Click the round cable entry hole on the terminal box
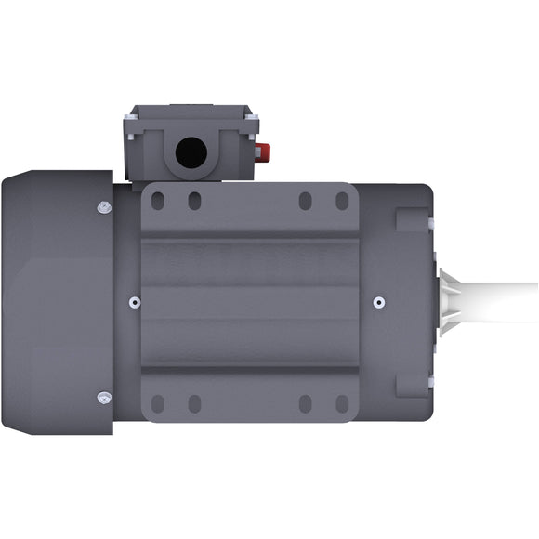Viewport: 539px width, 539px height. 191,151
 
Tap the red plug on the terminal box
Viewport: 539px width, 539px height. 263,151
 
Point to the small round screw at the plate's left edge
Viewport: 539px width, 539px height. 136,302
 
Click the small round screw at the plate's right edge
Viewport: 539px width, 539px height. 378,302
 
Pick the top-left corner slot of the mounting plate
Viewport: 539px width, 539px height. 157,201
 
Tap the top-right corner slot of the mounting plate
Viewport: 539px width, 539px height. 342,201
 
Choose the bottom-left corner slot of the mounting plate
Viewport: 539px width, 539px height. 157,404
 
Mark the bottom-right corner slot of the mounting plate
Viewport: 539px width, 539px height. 342,404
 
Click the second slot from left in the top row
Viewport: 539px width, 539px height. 194,201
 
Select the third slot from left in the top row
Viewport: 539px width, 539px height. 305,201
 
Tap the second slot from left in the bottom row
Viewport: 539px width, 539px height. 194,404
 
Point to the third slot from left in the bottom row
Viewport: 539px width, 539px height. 305,404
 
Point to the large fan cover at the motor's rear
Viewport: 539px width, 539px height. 56,302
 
